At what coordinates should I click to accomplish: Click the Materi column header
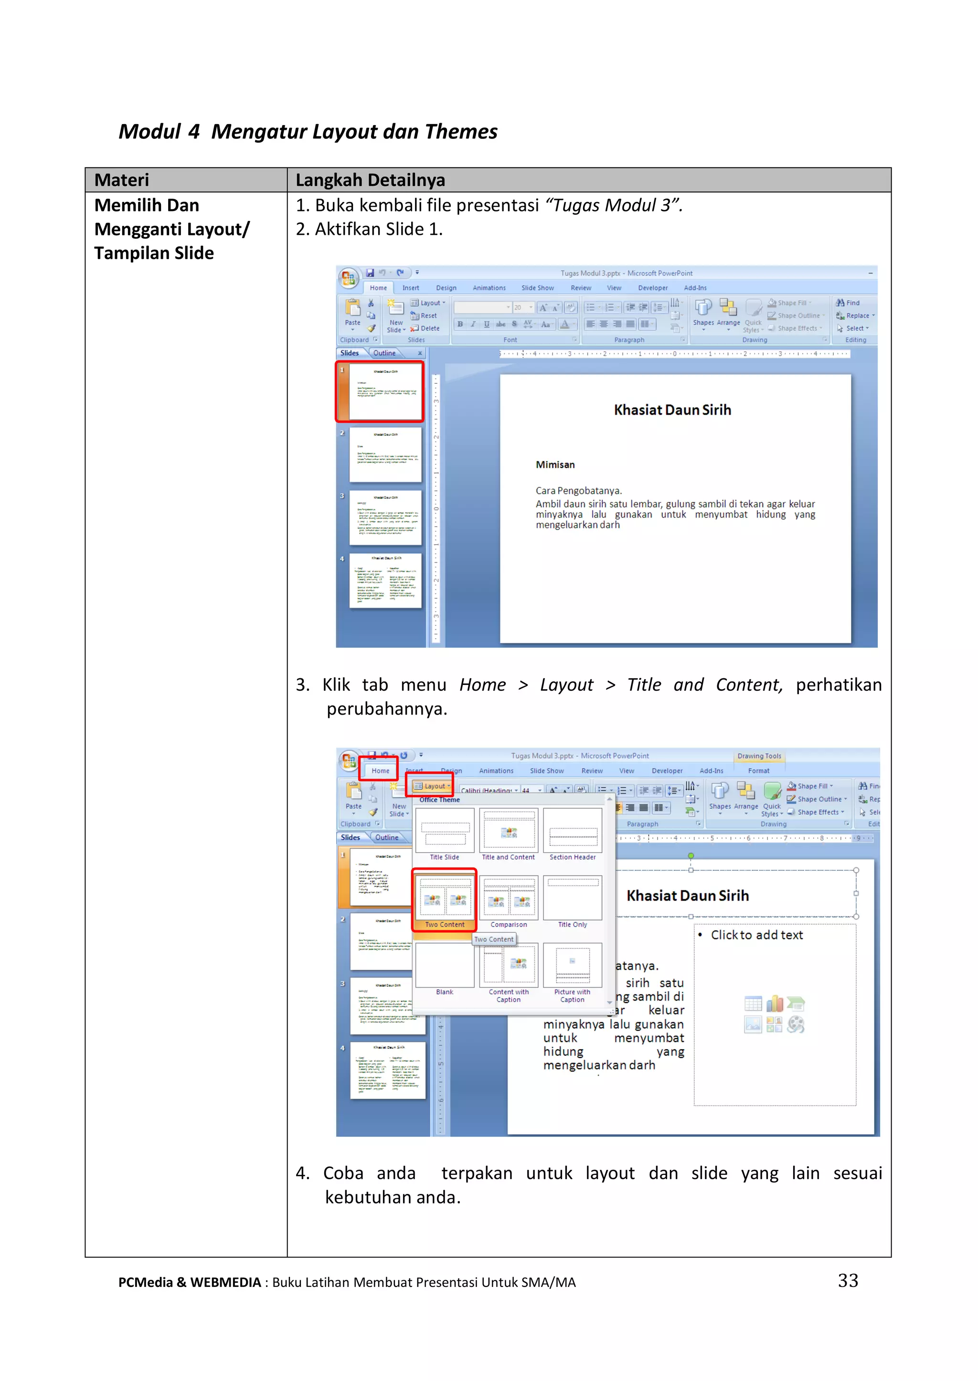pyautogui.click(x=122, y=180)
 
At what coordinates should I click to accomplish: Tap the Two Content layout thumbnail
pyautogui.click(x=445, y=897)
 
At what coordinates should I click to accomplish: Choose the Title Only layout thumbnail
pyautogui.click(x=572, y=897)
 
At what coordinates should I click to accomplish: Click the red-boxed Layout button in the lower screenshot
pyautogui.click(x=430, y=786)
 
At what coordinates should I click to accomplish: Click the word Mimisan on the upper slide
pyautogui.click(x=555, y=465)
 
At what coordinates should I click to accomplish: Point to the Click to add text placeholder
pyautogui.click(x=756, y=935)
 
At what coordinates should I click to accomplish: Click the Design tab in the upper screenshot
pyautogui.click(x=446, y=288)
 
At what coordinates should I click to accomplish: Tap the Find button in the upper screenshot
pyautogui.click(x=848, y=303)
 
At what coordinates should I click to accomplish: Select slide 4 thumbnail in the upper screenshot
pyautogui.click(x=385, y=581)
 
